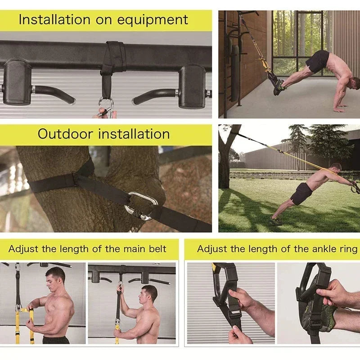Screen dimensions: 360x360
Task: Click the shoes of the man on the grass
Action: (275, 221)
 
